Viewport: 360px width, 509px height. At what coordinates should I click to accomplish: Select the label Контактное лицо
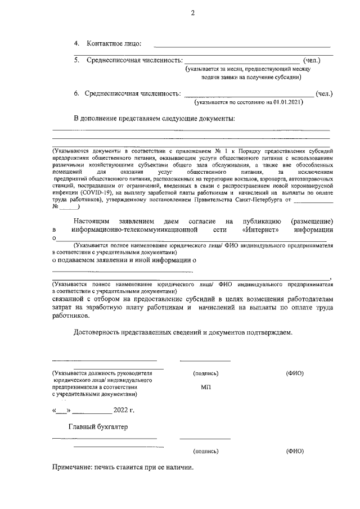point(113,43)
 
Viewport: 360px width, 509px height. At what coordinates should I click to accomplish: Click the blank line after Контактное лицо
point(242,46)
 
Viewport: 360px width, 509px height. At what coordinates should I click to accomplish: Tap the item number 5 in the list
point(77,60)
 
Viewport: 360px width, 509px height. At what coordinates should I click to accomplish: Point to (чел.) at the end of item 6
point(325,93)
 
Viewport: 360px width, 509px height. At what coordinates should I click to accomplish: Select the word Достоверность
point(98,332)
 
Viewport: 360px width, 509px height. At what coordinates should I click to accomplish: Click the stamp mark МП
point(205,388)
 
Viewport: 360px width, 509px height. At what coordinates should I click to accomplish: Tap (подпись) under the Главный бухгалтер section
point(205,451)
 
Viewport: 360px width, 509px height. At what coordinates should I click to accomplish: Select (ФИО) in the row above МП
point(295,373)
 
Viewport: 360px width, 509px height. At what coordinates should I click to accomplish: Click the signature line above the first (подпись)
point(205,361)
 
